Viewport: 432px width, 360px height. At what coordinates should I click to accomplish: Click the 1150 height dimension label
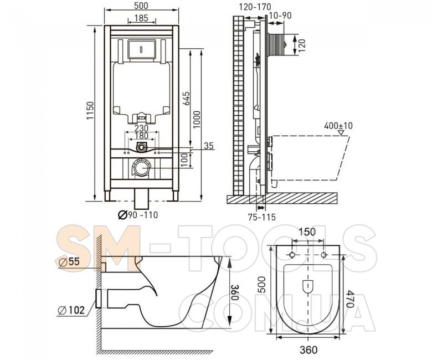click(90, 111)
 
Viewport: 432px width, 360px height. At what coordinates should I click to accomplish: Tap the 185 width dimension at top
click(142, 18)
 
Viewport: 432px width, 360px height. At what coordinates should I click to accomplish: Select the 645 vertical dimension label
click(186, 99)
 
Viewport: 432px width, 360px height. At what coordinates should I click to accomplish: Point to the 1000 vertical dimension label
click(197, 120)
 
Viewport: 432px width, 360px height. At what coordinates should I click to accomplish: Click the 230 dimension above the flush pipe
click(142, 128)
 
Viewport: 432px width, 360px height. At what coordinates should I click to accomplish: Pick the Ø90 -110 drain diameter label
click(138, 214)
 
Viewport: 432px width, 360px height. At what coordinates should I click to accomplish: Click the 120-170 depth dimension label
click(255, 7)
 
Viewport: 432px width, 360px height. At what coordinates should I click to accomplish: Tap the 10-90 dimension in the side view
click(280, 16)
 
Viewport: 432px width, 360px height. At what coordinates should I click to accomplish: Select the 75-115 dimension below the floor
click(261, 217)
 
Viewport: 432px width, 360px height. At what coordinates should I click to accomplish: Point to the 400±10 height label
click(338, 126)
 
